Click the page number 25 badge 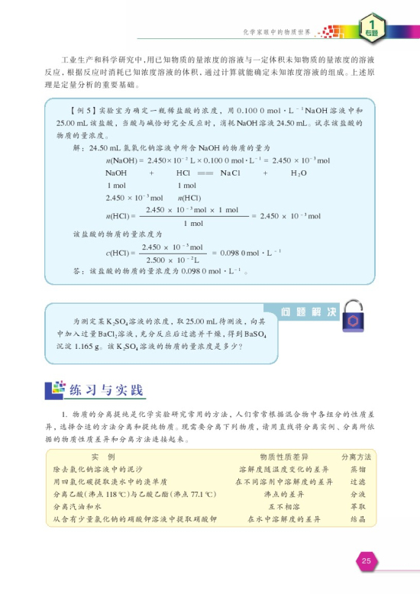pyautogui.click(x=366, y=562)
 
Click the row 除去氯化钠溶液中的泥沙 pyautogui.click(x=98, y=469)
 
